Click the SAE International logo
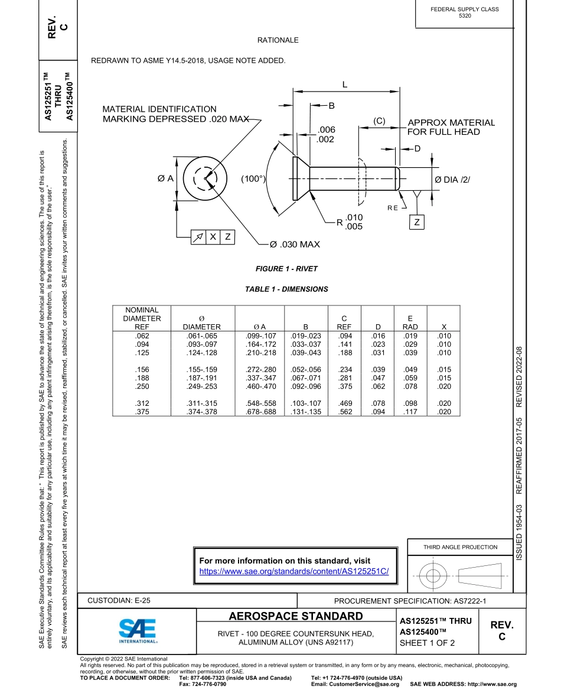pyautogui.click(x=137, y=631)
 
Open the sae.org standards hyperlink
pyautogui.click(x=298, y=571)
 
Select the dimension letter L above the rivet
pyautogui.click(x=345, y=84)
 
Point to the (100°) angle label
pyautogui.click(x=253, y=178)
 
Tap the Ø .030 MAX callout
pyautogui.click(x=295, y=244)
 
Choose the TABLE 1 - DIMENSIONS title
pyautogui.click(x=286, y=289)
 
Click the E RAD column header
pyautogui.click(x=410, y=323)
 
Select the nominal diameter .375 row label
pyautogui.click(x=138, y=412)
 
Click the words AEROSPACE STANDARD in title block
pyautogui.click(x=296, y=617)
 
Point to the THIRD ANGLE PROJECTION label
pyautogui.click(x=460, y=547)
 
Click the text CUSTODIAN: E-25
pyautogui.click(x=119, y=601)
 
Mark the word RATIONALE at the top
pyautogui.click(x=278, y=40)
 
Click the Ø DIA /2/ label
pyautogui.click(x=452, y=180)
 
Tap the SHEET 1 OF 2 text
pyautogui.click(x=427, y=643)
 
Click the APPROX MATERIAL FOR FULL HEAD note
pyautogui.click(x=451, y=127)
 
